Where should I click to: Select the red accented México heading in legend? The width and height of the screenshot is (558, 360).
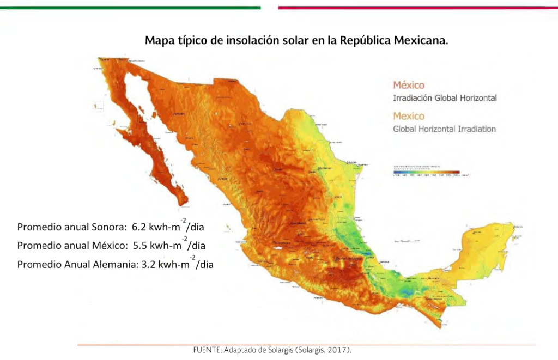[409, 86]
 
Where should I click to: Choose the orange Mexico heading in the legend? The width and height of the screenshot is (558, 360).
[409, 116]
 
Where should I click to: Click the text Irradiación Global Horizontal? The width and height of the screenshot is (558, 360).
[445, 99]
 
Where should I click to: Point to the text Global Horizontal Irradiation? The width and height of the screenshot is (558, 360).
[444, 129]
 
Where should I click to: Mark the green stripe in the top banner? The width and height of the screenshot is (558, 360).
[131, 8]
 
